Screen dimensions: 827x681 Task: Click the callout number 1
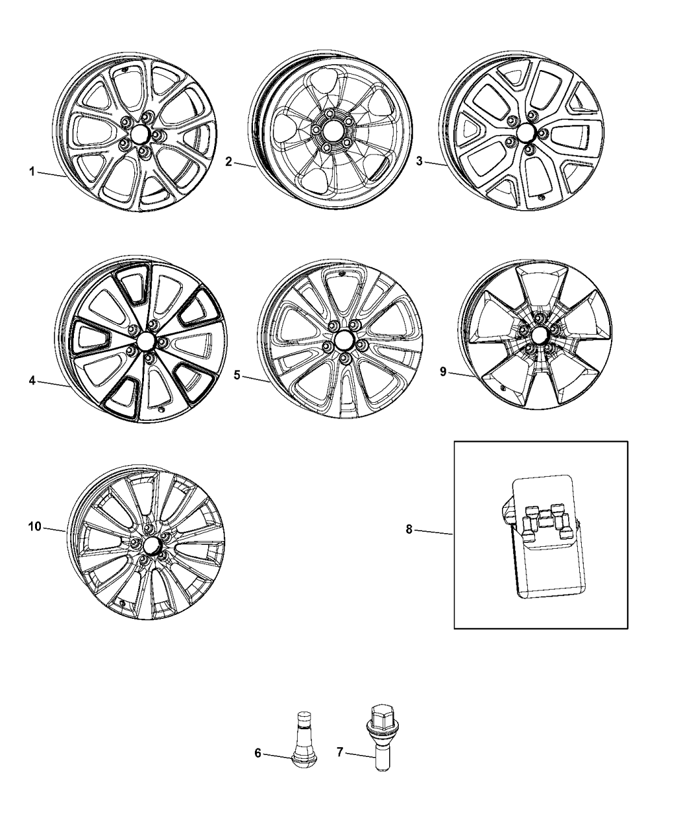30,172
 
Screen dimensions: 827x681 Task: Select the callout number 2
228,162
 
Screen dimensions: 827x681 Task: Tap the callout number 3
419,162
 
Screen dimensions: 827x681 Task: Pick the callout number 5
237,374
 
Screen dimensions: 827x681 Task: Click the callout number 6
257,753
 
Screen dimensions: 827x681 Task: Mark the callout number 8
409,530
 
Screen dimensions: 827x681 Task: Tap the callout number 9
443,372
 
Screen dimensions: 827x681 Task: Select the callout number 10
34,527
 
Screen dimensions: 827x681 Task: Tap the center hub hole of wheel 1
138,134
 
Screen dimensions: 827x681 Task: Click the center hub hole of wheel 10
152,543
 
